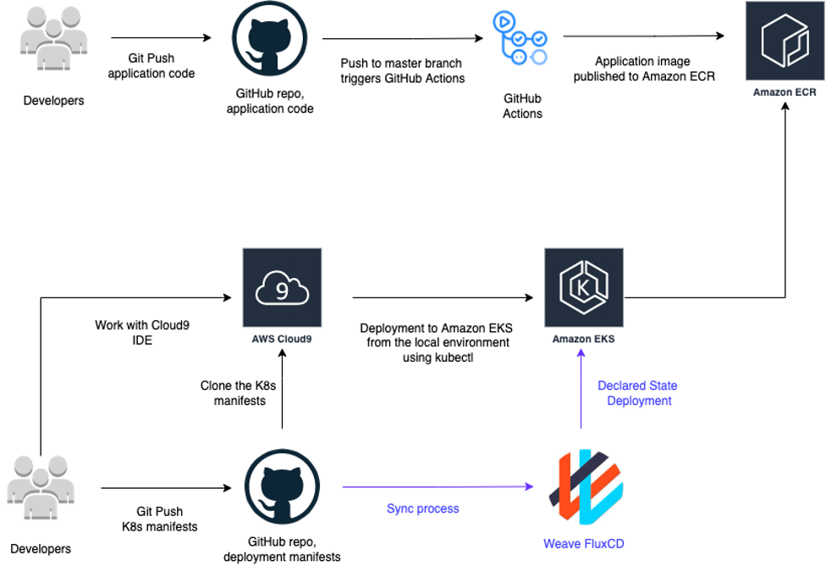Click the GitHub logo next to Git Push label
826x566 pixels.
[269, 39]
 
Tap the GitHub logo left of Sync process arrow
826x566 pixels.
[282, 486]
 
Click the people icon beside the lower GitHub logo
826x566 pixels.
[41, 486]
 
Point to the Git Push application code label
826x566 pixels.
[151, 66]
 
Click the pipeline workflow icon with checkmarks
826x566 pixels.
[520, 38]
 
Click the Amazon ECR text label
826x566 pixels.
[785, 92]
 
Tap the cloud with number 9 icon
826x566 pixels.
[282, 288]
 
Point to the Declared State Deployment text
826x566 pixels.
[638, 393]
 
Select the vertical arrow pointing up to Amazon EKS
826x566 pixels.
[581, 394]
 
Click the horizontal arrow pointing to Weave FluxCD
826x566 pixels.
[436, 486]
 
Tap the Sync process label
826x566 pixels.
[423, 509]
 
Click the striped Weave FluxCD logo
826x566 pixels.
[586, 487]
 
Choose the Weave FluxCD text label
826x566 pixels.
[586, 543]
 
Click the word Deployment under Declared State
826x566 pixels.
[639, 401]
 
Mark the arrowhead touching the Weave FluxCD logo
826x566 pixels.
[531, 486]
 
